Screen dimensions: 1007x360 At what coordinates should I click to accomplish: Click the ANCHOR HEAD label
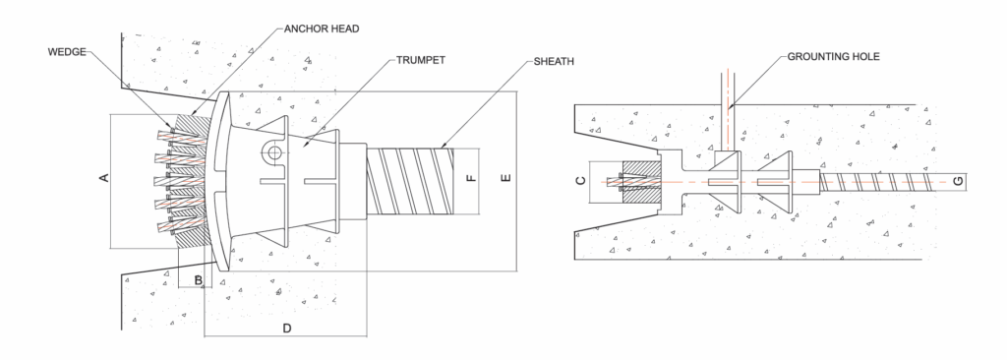click(x=322, y=29)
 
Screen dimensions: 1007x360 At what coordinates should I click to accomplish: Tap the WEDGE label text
click(x=67, y=52)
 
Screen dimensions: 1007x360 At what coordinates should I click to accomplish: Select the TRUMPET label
click(x=421, y=60)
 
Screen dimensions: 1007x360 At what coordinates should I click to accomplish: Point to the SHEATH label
click(x=554, y=62)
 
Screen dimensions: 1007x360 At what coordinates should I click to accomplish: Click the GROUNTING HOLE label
click(x=834, y=57)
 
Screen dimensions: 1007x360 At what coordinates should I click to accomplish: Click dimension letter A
click(x=104, y=177)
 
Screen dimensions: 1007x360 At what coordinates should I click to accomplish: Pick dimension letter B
click(x=199, y=280)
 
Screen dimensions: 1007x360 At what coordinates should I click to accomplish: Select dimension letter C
click(x=580, y=181)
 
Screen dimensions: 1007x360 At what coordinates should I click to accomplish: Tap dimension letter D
click(x=287, y=329)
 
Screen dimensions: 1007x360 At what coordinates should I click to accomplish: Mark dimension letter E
click(x=506, y=177)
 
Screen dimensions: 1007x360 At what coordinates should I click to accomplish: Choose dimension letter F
click(x=471, y=177)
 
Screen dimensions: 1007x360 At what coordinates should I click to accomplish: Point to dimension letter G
click(x=958, y=182)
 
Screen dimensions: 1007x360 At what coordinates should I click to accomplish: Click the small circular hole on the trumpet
click(x=274, y=152)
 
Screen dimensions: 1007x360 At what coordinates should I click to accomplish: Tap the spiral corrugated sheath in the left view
click(x=410, y=181)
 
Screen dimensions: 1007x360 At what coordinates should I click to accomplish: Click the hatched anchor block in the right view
click(x=641, y=182)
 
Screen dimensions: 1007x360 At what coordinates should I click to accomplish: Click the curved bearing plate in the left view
click(x=220, y=182)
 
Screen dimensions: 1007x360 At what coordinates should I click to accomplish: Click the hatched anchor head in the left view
click(x=193, y=182)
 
